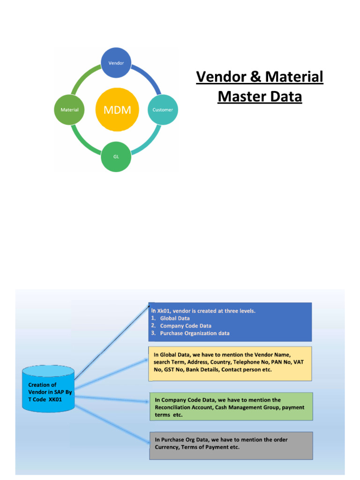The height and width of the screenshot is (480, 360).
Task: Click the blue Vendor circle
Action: (x=116, y=63)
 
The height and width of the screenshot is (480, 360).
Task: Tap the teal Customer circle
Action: (x=163, y=110)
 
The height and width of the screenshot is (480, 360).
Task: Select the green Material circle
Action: (x=69, y=110)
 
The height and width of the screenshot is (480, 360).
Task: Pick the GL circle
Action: (x=116, y=157)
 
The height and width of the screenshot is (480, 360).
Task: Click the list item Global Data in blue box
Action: (x=175, y=318)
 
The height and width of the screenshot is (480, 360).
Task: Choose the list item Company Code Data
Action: (x=186, y=326)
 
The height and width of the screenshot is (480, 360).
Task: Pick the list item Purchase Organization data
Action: (x=195, y=333)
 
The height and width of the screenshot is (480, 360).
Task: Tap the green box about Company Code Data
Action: (x=231, y=406)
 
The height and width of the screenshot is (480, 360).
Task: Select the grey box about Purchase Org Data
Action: (x=231, y=445)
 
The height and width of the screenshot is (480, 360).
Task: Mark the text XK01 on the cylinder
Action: (x=55, y=399)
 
